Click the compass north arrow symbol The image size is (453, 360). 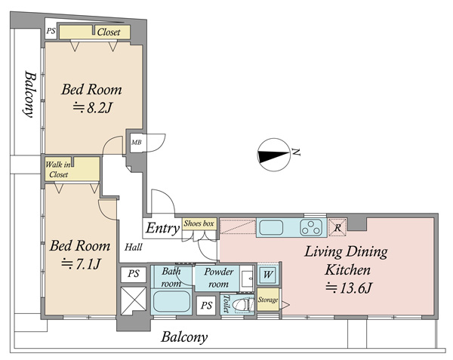[273, 155]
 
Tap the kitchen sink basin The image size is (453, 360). [271, 227]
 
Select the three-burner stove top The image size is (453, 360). [311, 227]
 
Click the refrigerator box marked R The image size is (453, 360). [337, 227]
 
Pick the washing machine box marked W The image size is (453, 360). [267, 274]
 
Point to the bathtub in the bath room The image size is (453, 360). [171, 301]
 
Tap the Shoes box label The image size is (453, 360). [199, 223]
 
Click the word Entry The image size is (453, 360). [162, 228]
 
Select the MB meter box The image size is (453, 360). [137, 143]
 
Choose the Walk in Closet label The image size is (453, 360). [58, 170]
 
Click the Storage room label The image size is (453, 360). [268, 300]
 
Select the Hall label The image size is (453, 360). [134, 247]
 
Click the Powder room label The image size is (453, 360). [219, 278]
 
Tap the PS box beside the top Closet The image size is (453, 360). [51, 31]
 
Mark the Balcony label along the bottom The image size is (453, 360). [184, 337]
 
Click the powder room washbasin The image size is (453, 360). [247, 278]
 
